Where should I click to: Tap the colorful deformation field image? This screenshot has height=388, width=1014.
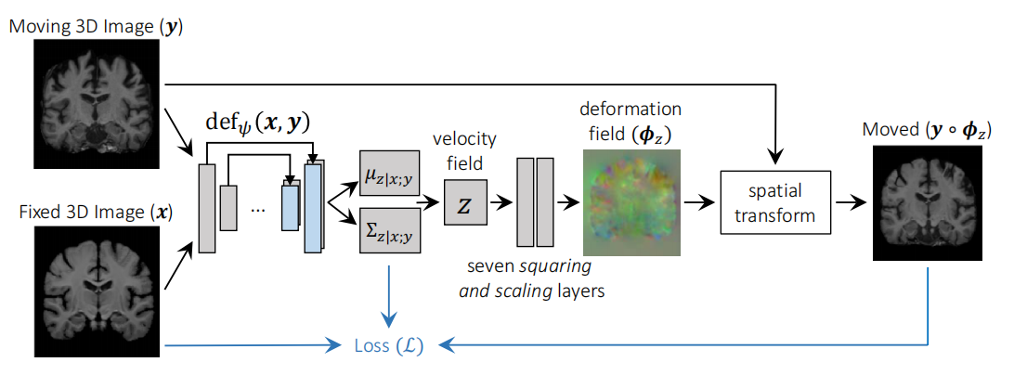(629, 201)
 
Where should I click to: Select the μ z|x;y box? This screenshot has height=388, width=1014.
(389, 173)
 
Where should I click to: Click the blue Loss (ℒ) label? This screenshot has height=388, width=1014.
(388, 347)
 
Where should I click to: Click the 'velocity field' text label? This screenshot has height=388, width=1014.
(465, 149)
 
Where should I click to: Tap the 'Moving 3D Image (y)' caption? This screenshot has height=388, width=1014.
(97, 27)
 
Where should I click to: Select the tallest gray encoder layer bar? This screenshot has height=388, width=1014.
(205, 207)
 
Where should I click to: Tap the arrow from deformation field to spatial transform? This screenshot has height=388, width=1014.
(698, 202)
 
